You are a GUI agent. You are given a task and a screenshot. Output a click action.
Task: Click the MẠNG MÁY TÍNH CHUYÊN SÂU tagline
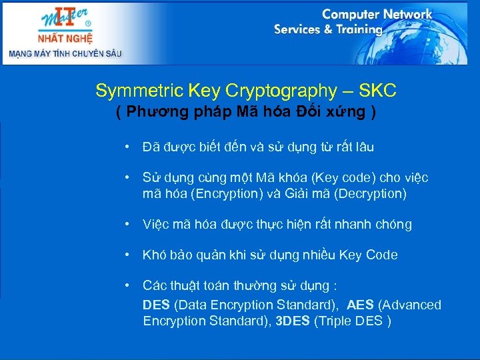pyautogui.click(x=65, y=53)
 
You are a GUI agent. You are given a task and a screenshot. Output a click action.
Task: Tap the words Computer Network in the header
pyautogui.click(x=377, y=14)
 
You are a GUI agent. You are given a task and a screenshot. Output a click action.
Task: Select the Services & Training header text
pyautogui.click(x=328, y=29)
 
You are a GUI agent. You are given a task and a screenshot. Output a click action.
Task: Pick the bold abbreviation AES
pyautogui.click(x=361, y=305)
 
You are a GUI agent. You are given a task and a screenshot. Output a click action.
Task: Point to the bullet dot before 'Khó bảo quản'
pyautogui.click(x=126, y=255)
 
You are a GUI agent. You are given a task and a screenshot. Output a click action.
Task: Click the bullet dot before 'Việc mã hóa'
pyautogui.click(x=126, y=224)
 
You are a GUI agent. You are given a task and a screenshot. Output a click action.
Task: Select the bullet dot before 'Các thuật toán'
pyautogui.click(x=126, y=285)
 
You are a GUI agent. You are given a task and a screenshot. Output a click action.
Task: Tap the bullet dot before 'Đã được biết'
pyautogui.click(x=126, y=147)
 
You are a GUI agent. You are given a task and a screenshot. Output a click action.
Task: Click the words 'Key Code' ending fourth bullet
pyautogui.click(x=368, y=255)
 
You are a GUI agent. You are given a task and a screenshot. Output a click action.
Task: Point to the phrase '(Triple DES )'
pyautogui.click(x=353, y=321)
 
